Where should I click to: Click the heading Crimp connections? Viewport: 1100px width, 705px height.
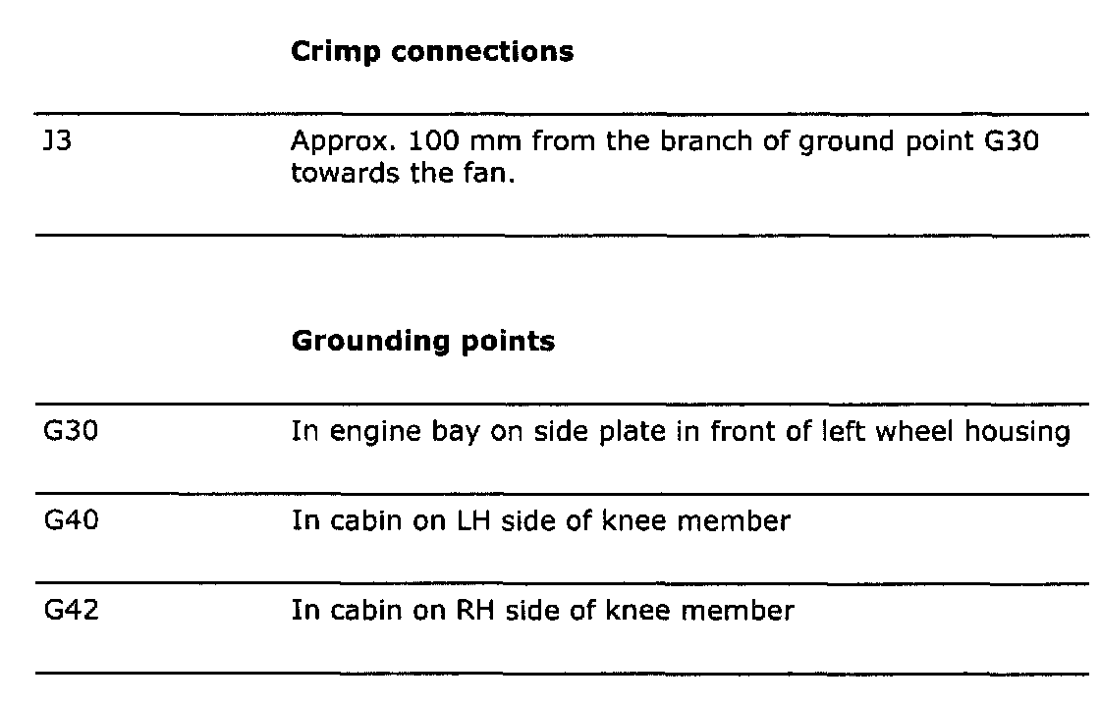432,53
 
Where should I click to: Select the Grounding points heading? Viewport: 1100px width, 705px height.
422,342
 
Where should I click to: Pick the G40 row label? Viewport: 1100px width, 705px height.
70,520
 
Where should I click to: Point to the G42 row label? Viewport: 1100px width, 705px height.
70,611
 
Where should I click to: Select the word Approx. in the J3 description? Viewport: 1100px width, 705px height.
344,143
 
